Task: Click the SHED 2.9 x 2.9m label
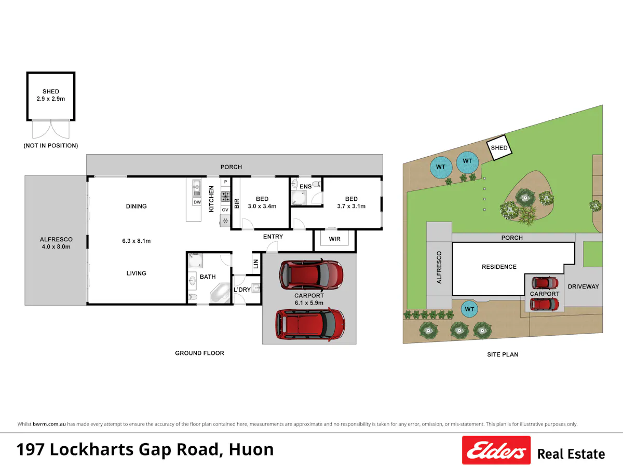click(x=51, y=95)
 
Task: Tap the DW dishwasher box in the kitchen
click(x=197, y=202)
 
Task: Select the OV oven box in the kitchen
click(x=225, y=210)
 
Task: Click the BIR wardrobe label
click(x=237, y=203)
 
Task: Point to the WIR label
click(x=335, y=239)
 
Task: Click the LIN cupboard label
click(x=256, y=264)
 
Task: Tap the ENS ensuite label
click(x=305, y=186)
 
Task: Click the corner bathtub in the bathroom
click(x=220, y=293)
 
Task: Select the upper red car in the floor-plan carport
click(x=311, y=275)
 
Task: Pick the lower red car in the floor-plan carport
click(x=310, y=324)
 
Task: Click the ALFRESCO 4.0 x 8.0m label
click(x=56, y=243)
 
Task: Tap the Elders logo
click(x=496, y=450)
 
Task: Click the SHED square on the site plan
click(x=499, y=148)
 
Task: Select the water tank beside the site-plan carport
click(x=469, y=309)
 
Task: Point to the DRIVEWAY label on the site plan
click(x=583, y=286)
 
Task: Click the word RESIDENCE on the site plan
click(x=499, y=267)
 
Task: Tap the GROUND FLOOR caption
click(x=199, y=353)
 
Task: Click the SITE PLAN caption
click(x=503, y=354)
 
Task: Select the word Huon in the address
click(x=251, y=449)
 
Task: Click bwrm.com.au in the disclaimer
click(x=49, y=424)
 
